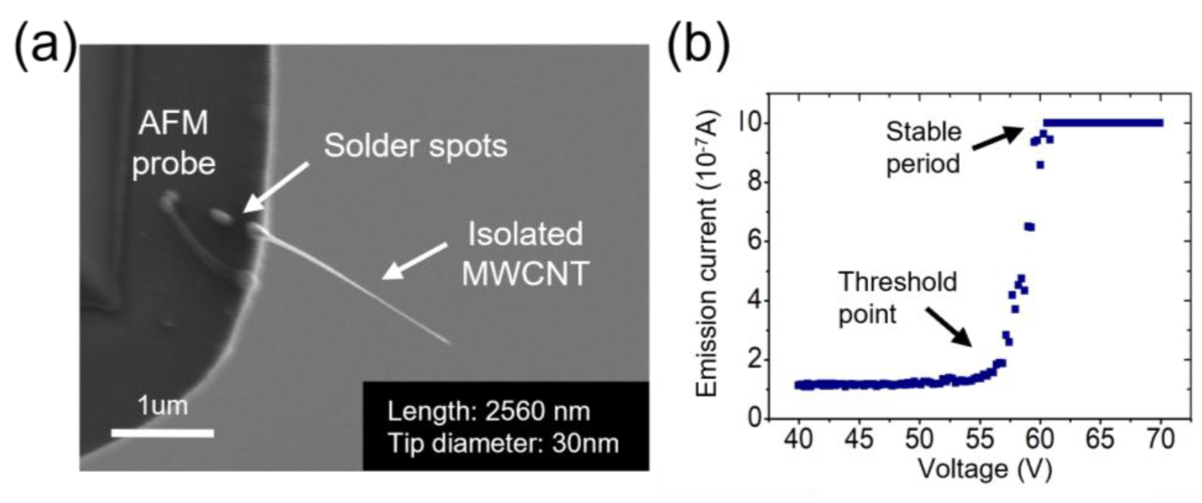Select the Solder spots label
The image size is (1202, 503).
[x=415, y=146]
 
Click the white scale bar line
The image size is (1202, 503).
[x=162, y=433]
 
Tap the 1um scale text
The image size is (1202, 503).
[x=162, y=406]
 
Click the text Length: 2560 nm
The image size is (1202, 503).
[x=489, y=412]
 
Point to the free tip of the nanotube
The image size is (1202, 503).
[x=450, y=343]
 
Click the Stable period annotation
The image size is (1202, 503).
[x=923, y=148]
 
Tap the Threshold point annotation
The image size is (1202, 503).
[x=897, y=298]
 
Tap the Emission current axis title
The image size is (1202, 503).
[x=706, y=254]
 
